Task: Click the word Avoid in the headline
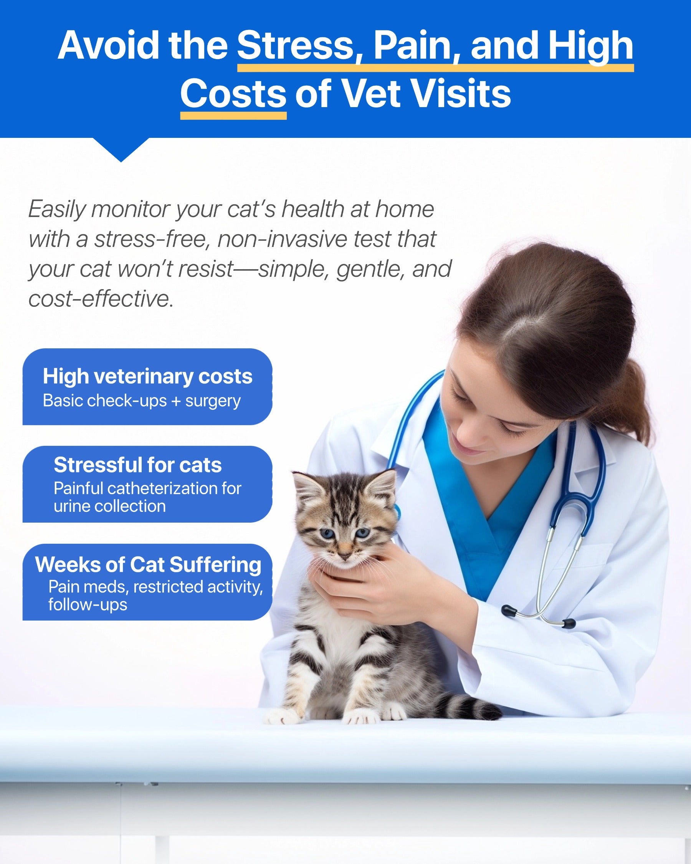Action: (x=109, y=45)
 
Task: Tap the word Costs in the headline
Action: (x=233, y=93)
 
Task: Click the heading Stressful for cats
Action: (x=138, y=465)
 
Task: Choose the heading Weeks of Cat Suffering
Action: (x=148, y=565)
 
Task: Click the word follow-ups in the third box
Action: (x=88, y=604)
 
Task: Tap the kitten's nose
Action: (x=344, y=555)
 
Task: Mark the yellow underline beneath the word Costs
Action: (x=233, y=116)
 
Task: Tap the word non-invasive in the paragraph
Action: (x=283, y=239)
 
